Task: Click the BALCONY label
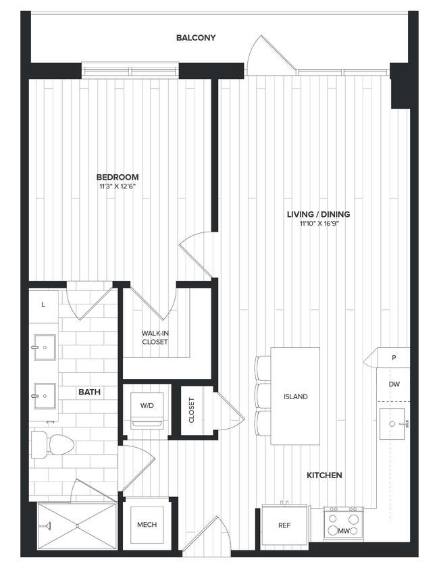[x=196, y=38]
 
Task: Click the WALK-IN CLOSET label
[x=155, y=338]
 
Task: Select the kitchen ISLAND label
[x=295, y=396]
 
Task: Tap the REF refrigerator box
[x=284, y=525]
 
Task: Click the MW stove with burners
[x=344, y=524]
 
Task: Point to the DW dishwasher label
[x=394, y=384]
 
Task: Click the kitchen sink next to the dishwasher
[x=394, y=423]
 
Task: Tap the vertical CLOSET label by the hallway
[x=191, y=410]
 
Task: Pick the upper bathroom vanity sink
[x=44, y=348]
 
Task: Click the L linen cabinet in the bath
[x=43, y=305]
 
